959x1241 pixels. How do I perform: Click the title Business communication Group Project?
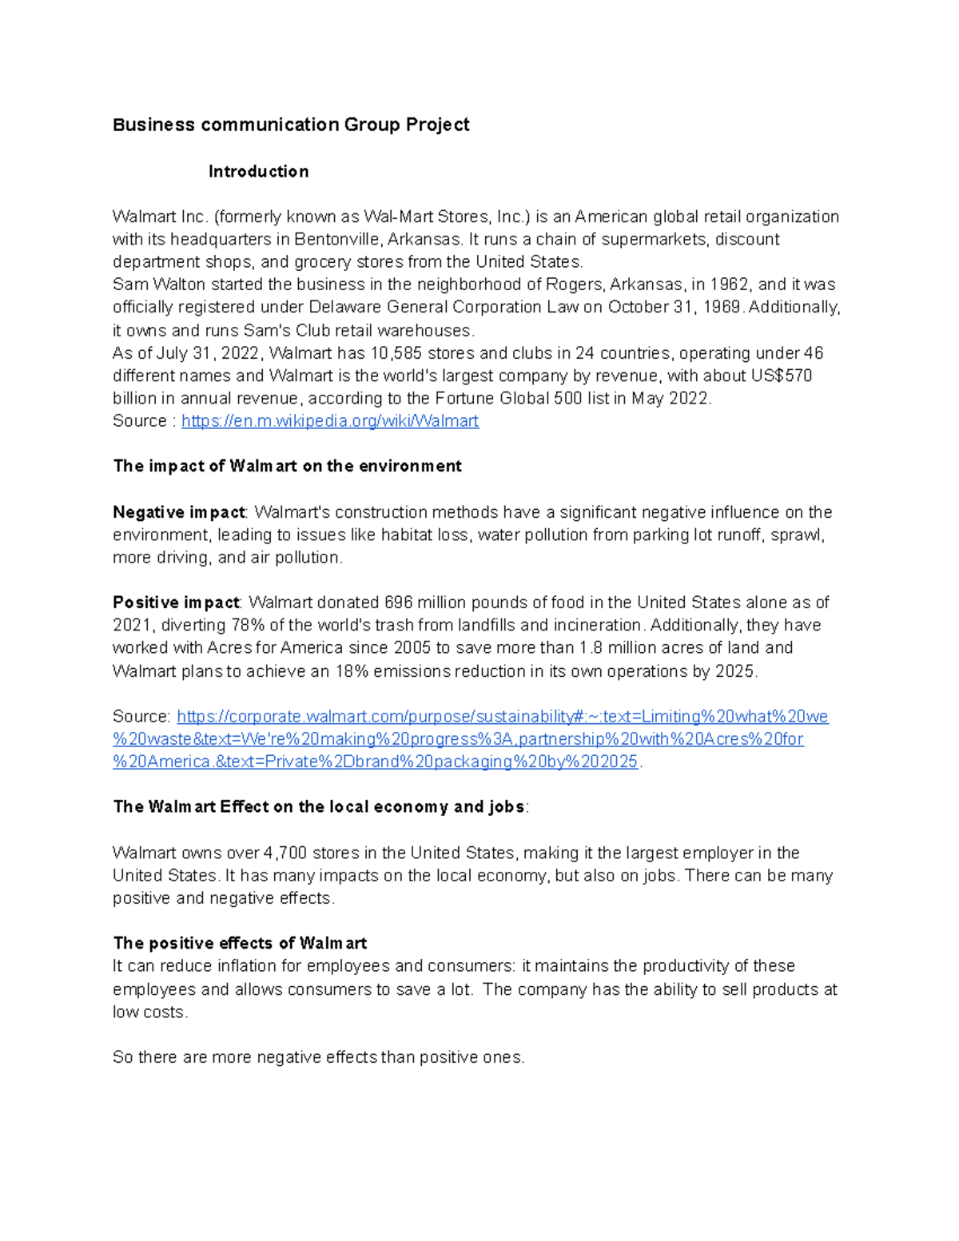point(291,125)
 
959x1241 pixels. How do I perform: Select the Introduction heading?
point(258,171)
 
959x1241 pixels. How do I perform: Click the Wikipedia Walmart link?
point(330,421)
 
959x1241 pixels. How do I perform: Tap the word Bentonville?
point(336,239)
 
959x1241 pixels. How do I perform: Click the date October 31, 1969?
point(674,307)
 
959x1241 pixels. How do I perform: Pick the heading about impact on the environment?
point(287,466)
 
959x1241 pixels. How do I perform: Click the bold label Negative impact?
point(179,511)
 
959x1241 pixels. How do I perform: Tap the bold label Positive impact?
point(176,603)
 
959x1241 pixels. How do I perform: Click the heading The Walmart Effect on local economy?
point(319,806)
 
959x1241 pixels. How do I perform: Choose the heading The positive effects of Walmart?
point(240,943)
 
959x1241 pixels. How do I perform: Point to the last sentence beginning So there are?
point(318,1057)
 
